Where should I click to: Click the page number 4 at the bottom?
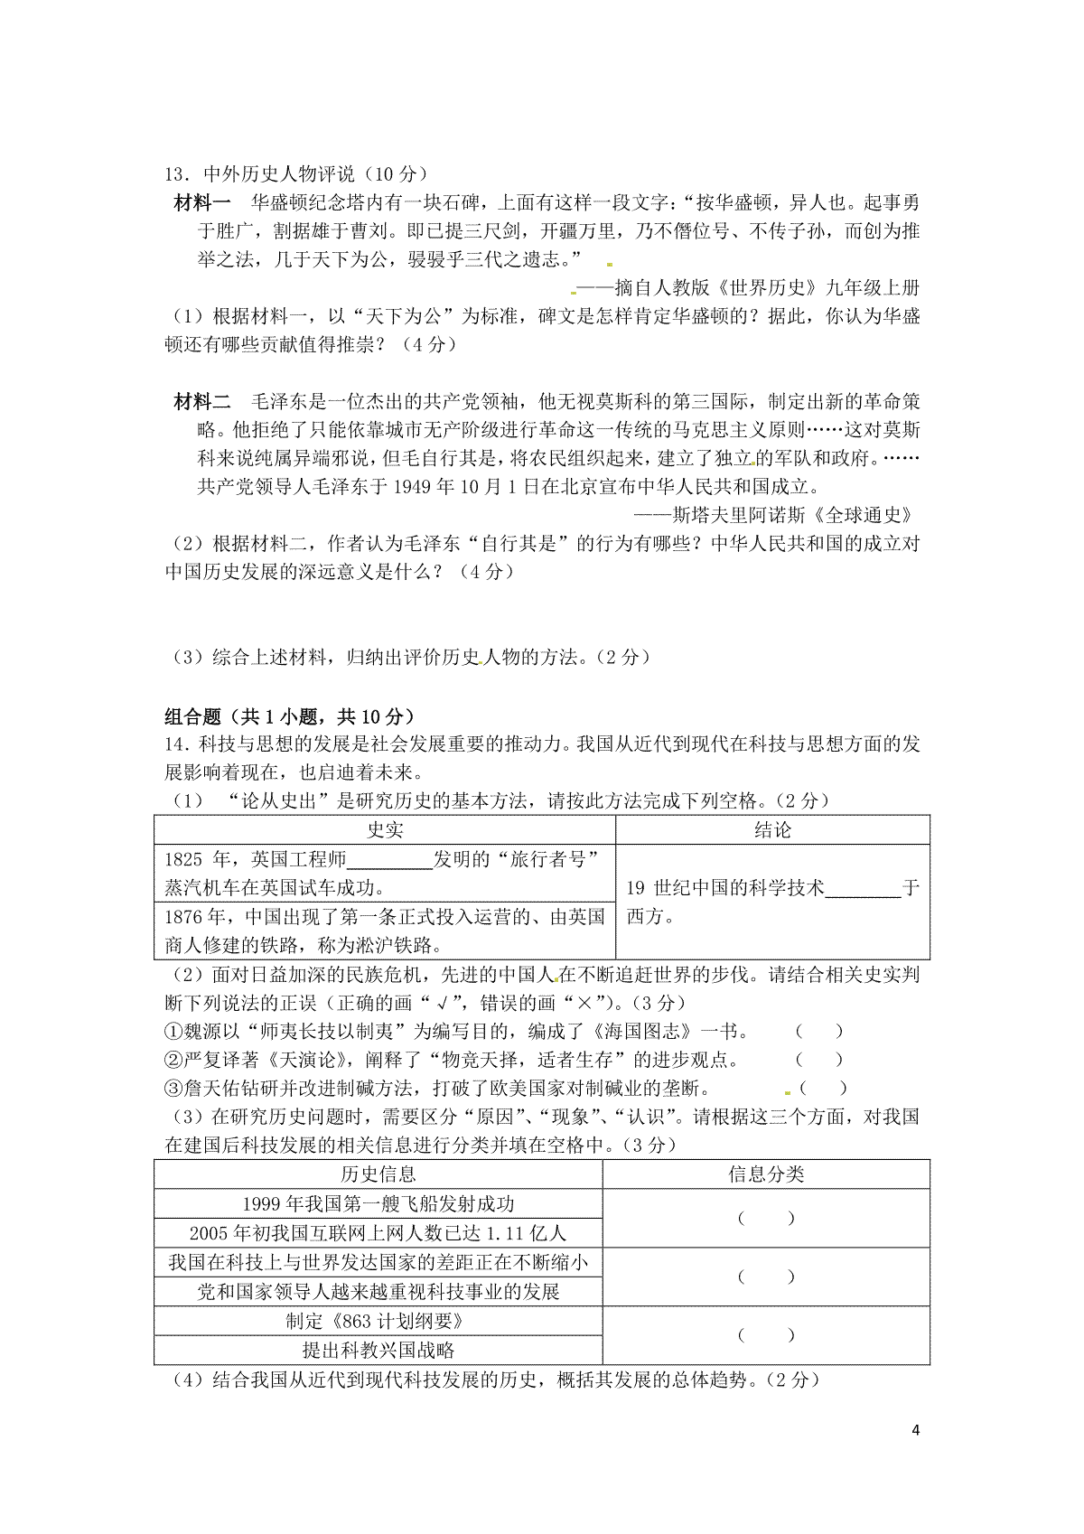916,1430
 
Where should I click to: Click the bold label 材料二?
202,401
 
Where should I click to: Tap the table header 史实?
385,830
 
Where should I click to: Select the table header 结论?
772,830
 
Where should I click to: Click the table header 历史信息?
378,1174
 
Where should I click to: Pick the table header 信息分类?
766,1174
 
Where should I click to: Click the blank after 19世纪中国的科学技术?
863,888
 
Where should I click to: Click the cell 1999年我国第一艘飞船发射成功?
378,1204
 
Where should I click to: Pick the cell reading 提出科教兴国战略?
378,1351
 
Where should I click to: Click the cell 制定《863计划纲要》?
378,1322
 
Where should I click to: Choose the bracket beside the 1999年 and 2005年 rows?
766,1219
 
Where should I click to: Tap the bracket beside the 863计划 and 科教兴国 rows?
766,1335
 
